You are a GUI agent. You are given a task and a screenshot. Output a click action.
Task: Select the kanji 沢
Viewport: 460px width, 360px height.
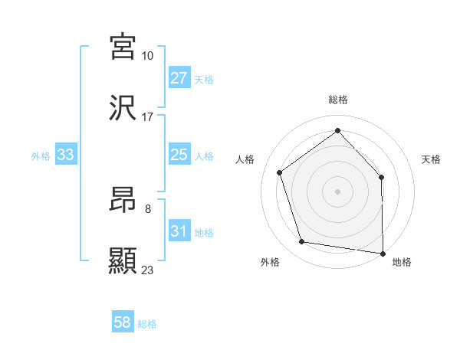coord(123,109)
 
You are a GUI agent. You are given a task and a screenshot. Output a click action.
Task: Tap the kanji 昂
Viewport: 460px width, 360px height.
coord(123,198)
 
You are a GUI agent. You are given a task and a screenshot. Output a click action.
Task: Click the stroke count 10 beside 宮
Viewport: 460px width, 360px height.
coord(147,56)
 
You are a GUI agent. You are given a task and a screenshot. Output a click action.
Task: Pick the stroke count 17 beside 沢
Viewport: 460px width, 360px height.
coord(147,117)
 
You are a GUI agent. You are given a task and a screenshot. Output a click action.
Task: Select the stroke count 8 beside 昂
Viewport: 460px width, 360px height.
coord(147,208)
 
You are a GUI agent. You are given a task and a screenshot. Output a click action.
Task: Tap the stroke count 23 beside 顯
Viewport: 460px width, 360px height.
coord(147,270)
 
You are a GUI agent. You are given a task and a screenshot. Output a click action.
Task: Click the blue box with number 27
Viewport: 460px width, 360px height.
coord(179,78)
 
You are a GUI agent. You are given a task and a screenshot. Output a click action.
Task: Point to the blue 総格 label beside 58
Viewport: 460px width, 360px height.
coord(147,324)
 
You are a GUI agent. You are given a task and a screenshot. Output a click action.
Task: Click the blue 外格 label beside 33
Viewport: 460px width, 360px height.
coord(41,156)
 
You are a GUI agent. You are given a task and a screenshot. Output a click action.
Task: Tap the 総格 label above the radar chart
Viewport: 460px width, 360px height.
coord(337,100)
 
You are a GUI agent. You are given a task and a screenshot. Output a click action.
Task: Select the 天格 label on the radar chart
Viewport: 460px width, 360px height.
coord(431,159)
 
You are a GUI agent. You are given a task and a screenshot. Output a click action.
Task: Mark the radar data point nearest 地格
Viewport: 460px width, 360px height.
coord(383,253)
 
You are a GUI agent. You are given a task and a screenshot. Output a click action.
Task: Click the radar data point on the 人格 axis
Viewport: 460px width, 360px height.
coord(280,172)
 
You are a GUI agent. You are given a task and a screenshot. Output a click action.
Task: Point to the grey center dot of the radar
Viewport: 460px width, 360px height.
coord(337,191)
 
